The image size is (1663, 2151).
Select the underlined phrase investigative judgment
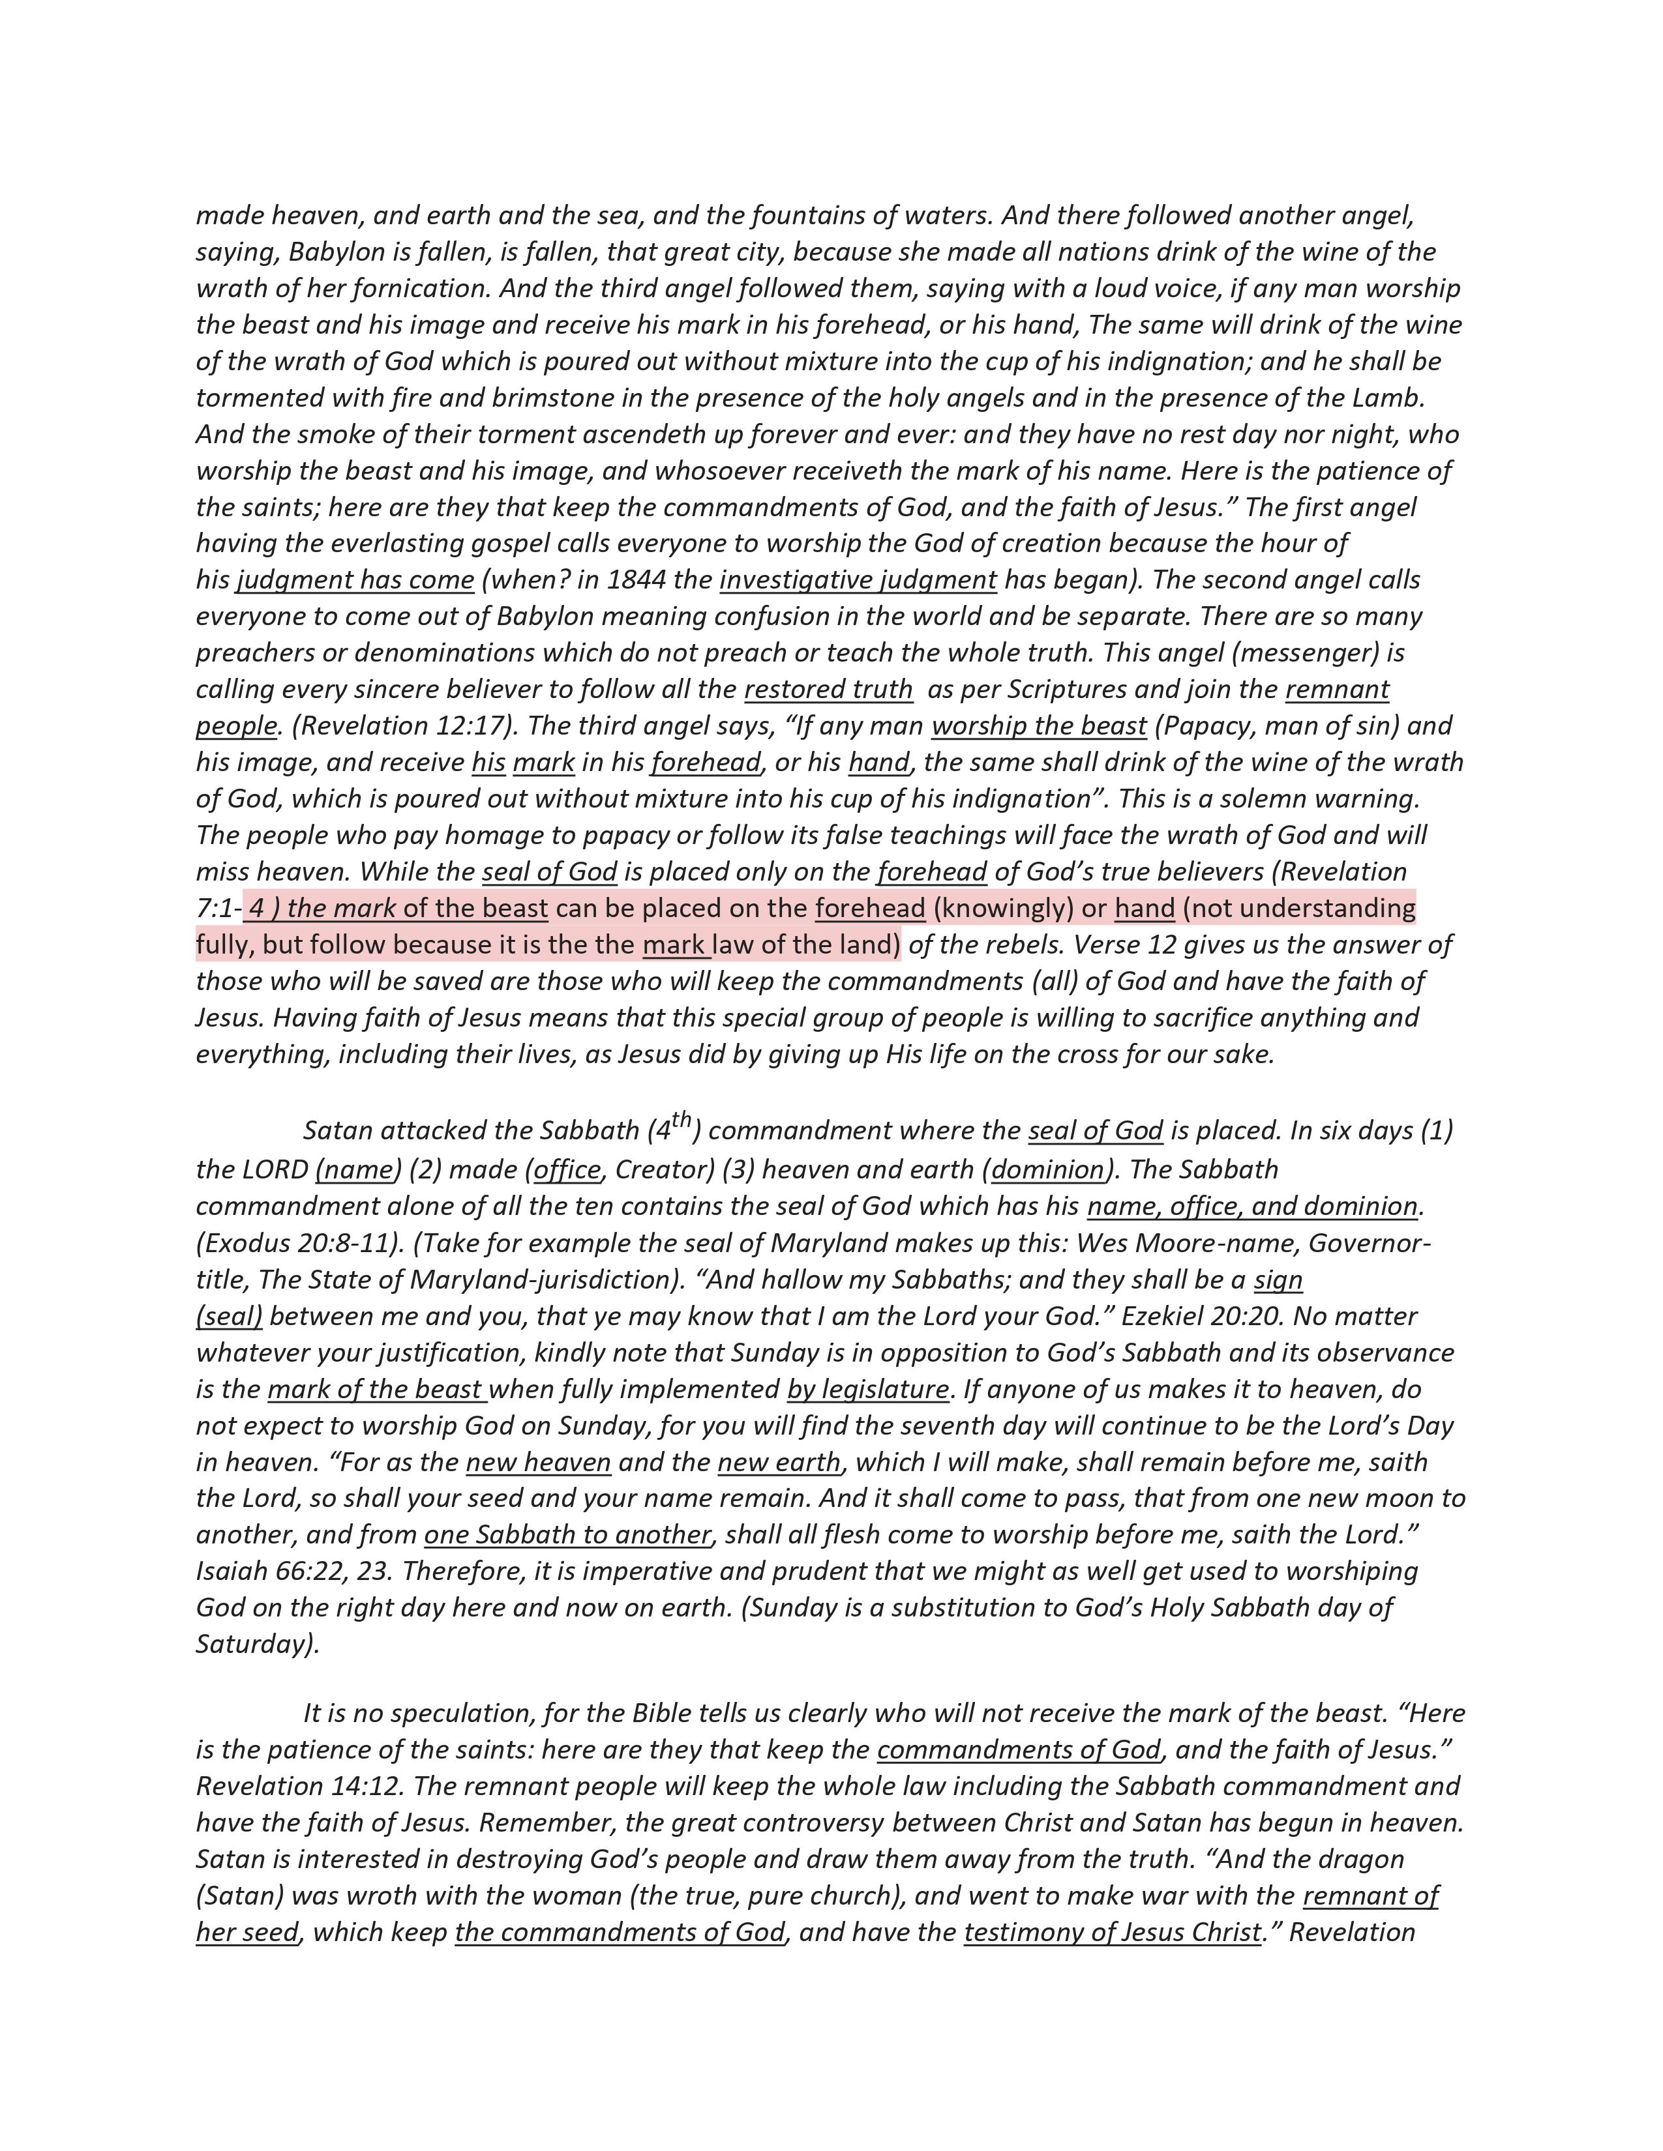coord(858,580)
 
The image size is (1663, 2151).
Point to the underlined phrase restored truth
coord(828,690)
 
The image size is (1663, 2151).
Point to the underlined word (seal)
coord(230,1317)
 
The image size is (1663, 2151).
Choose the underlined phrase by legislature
coord(867,1390)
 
